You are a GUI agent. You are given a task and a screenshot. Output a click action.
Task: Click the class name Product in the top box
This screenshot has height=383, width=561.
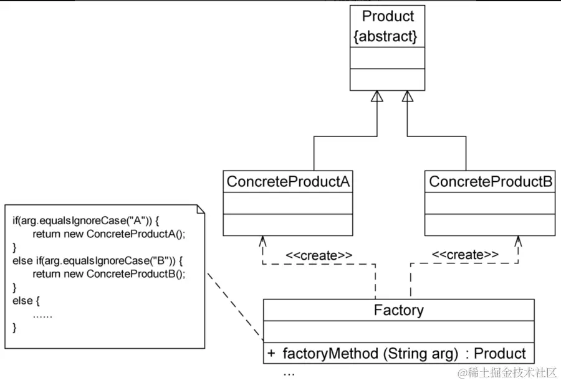tap(388, 16)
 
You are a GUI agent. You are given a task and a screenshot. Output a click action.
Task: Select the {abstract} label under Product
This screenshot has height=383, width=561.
tap(386, 36)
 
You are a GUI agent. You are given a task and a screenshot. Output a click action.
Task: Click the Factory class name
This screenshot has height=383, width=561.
tap(398, 310)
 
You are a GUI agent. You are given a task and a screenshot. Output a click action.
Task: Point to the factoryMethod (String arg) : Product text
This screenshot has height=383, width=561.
tap(404, 354)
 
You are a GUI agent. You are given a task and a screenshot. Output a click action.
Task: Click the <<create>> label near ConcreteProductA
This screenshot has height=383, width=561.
tap(319, 255)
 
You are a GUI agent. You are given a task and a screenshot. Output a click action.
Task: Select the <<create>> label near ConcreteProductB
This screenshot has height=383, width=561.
tap(465, 254)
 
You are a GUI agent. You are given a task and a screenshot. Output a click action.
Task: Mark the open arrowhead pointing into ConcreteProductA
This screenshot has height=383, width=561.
tap(263, 241)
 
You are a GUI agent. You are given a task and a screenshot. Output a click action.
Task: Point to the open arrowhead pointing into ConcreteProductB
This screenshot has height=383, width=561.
tap(517, 241)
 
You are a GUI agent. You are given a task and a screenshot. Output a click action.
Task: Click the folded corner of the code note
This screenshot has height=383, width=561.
tap(200, 209)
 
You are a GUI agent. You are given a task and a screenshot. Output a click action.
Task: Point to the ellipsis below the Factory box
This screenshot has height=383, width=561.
tap(289, 372)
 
